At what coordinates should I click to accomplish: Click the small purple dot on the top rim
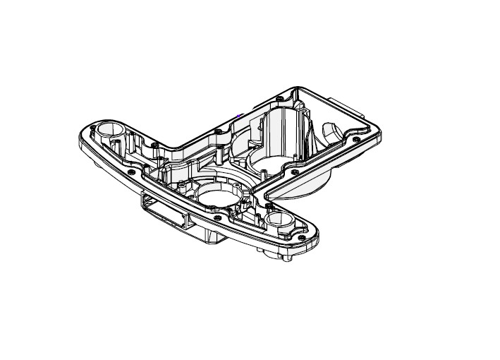click(241, 114)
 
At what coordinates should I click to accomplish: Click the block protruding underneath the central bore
click(212, 233)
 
